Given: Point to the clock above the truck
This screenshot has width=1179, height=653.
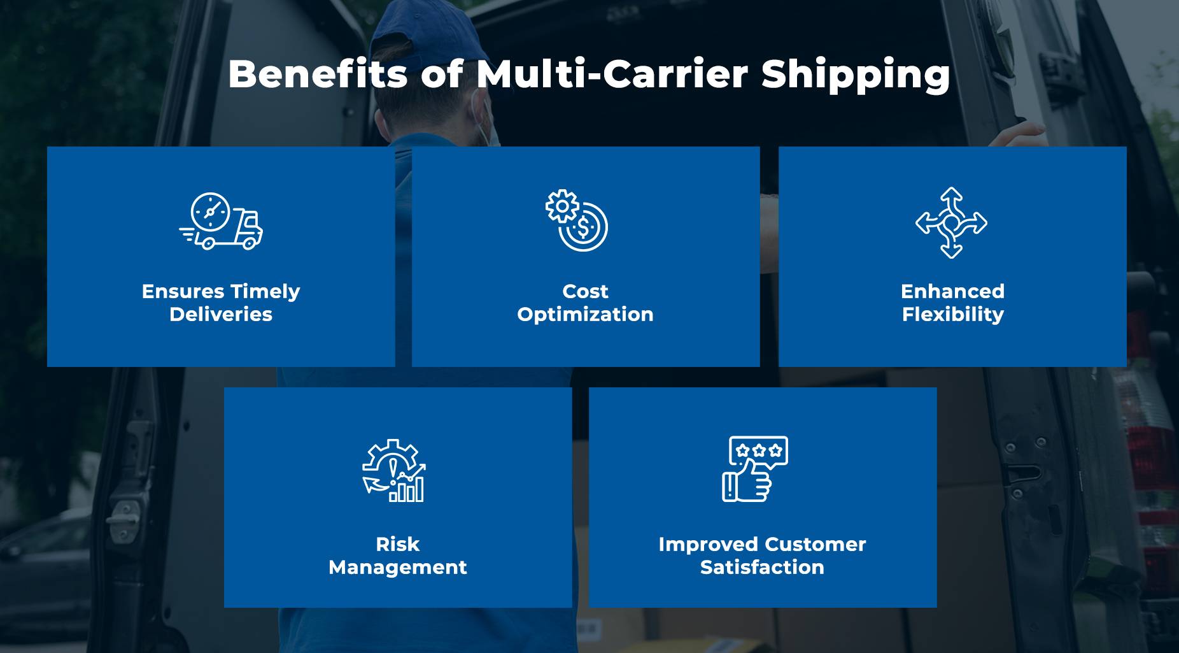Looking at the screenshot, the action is coord(210,210).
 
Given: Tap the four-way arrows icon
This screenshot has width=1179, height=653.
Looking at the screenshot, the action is coord(951,222).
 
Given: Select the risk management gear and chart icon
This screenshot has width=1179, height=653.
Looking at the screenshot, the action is coord(394,471).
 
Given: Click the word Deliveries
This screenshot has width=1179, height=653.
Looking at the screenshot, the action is coord(221,314).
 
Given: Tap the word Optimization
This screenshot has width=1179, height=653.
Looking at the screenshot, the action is coord(585,315).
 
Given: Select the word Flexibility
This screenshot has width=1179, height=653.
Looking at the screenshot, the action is coord(952,315).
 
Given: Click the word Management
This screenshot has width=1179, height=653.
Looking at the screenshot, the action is coord(398,568).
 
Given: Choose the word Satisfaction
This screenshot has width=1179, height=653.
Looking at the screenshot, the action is coord(762,567).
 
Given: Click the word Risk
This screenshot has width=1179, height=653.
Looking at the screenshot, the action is coord(398,544).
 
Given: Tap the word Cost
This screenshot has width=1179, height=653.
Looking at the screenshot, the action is coord(585,291).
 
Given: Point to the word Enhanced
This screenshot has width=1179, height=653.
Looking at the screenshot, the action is coord(952,291).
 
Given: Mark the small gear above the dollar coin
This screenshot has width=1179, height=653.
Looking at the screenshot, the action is coord(562,206).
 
